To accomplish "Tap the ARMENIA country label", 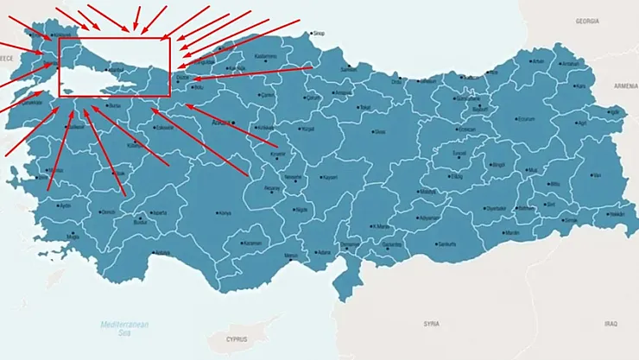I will point(625,86).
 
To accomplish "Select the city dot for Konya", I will point(218,212).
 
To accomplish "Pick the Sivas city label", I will point(380,132).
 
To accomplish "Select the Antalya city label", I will point(161,253).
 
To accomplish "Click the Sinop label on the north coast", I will point(319,34).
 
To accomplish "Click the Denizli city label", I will point(108,212).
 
